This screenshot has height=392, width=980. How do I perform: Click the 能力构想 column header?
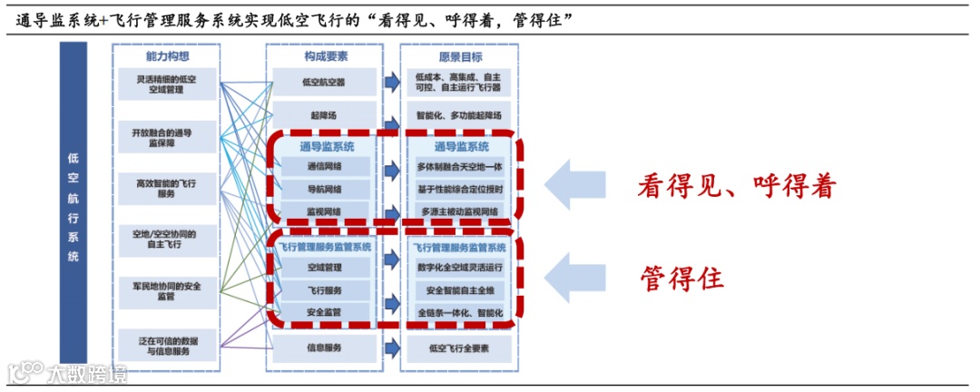click(167, 56)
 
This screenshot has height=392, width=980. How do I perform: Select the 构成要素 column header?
click(326, 56)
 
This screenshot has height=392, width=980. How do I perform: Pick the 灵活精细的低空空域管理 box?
click(167, 84)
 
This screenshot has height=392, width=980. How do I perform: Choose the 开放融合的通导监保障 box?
click(167, 137)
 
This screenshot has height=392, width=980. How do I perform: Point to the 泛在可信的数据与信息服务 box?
click(167, 346)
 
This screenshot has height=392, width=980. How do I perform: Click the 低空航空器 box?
click(326, 83)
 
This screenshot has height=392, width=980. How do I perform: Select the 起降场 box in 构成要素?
click(326, 115)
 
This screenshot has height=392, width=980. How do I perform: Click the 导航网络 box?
click(326, 190)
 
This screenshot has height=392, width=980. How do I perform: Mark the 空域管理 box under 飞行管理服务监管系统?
click(326, 268)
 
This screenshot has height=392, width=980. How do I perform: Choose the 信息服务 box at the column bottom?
click(326, 347)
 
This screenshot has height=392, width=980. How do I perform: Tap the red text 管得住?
click(681, 278)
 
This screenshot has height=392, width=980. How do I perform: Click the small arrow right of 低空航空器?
click(391, 83)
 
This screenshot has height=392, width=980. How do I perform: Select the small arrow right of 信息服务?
click(391, 347)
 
